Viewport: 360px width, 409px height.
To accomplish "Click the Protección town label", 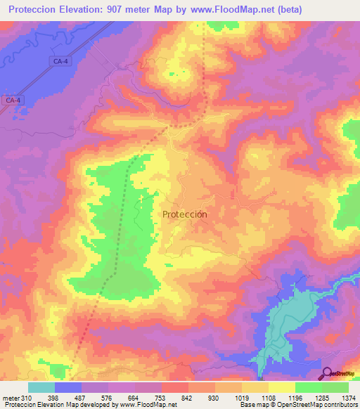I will [184, 214].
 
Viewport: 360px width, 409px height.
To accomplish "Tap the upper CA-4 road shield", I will [60, 62].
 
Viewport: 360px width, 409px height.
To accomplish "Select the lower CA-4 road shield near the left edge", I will [13, 100].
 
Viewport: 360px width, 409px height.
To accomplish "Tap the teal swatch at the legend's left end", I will [41, 387].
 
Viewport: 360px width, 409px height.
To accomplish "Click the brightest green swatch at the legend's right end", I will [335, 387].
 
